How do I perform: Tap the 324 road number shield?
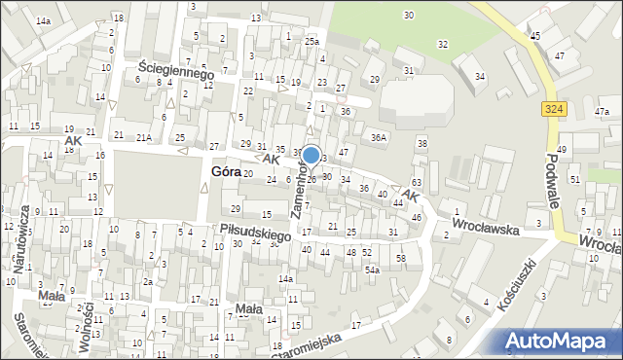[x=553, y=111]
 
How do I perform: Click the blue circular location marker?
[x=311, y=156]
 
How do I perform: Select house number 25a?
[x=311, y=42]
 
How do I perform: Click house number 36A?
[x=379, y=137]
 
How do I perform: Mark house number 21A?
[x=143, y=137]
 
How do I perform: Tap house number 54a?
[x=372, y=270]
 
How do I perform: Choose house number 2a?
[x=148, y=281]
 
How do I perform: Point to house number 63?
[x=416, y=183]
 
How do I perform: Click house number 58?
[x=400, y=257]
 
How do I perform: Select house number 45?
[x=535, y=35]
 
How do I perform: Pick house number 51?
[x=574, y=180]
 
